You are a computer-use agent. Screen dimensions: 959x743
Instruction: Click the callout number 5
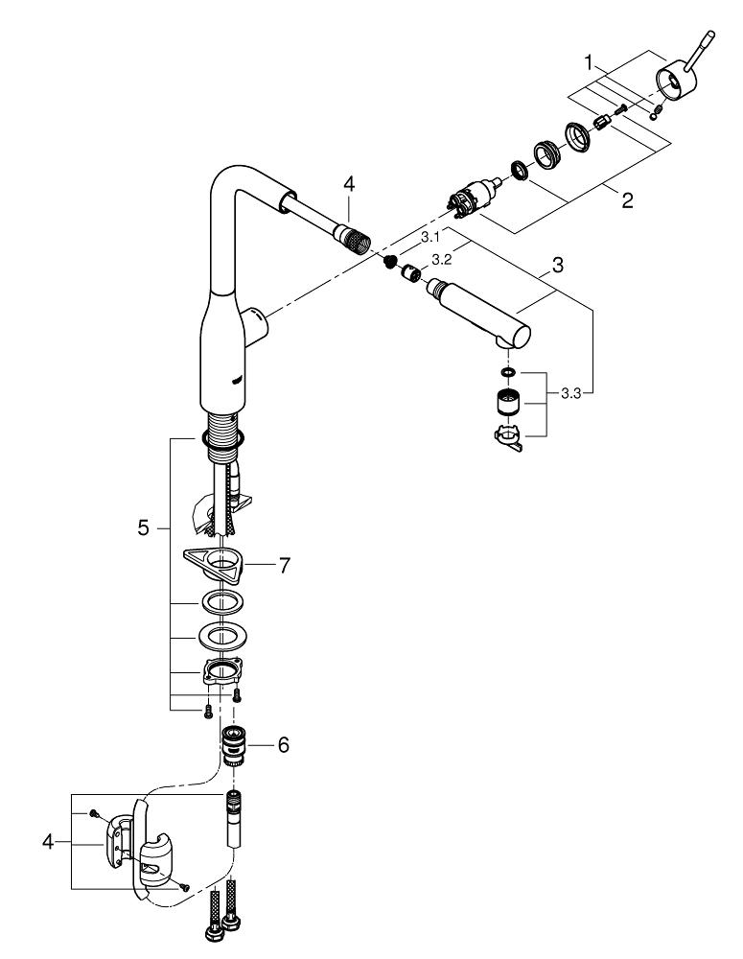[143, 527]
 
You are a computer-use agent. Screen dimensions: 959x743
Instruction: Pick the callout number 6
[285, 744]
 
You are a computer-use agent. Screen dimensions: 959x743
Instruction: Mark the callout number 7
[284, 567]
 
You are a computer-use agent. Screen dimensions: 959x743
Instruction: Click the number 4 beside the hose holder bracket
[48, 842]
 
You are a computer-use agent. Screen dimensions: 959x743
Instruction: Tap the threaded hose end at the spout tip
[357, 239]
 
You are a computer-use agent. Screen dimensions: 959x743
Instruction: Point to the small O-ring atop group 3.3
[508, 371]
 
